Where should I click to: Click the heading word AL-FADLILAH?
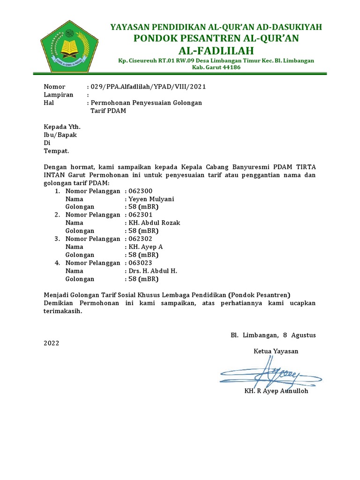[216, 51]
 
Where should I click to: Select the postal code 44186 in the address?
[230, 67]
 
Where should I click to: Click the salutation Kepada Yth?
[62, 127]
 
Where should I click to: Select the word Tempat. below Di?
[56, 151]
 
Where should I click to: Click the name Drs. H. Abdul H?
[153, 271]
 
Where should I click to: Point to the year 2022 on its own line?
[52, 343]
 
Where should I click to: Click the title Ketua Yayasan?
[276, 351]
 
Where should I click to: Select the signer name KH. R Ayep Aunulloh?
[276, 391]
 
